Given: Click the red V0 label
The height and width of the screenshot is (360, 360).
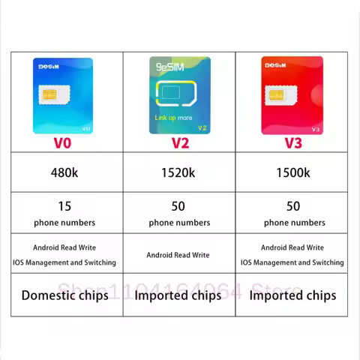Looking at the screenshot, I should click(63, 142).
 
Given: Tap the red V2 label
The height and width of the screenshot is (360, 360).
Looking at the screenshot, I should click(179, 142).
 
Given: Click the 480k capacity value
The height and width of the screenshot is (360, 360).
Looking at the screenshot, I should click(64, 172).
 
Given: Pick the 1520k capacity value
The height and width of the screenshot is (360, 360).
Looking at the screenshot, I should click(178, 172).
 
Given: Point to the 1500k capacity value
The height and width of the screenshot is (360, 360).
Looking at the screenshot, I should click(292, 172).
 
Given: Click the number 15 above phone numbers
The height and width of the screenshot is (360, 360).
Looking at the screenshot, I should click(64, 205).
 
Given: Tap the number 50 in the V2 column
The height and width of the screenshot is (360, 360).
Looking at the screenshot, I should click(178, 205).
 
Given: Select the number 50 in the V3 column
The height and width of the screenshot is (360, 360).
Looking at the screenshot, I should click(292, 205).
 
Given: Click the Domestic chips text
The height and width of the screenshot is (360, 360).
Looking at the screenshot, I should click(64, 295).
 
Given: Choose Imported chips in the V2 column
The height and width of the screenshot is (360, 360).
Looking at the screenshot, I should click(178, 295).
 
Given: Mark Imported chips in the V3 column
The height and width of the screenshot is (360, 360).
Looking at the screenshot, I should click(292, 295).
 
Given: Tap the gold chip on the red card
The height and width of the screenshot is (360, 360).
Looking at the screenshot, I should click(274, 96).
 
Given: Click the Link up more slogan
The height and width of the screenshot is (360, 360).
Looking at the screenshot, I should click(173, 118).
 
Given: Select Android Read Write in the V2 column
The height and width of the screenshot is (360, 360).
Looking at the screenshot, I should click(178, 255).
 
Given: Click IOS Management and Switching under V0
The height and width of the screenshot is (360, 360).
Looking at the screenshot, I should click(64, 262).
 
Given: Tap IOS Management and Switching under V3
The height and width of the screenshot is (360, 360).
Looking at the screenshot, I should click(292, 262).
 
